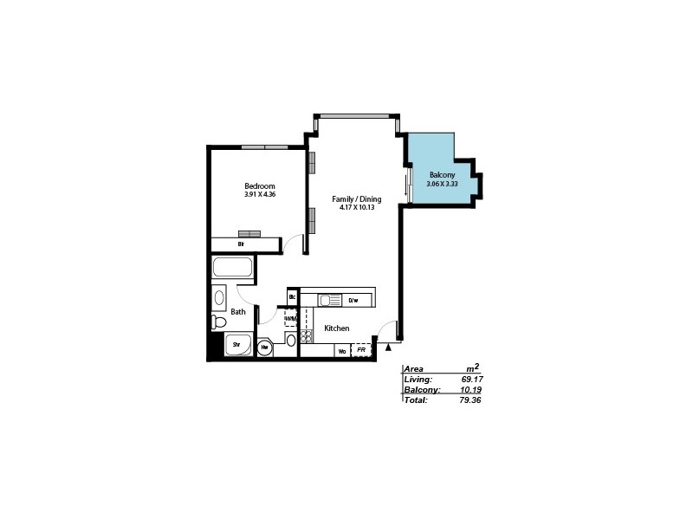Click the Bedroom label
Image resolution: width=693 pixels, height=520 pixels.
click(x=260, y=186)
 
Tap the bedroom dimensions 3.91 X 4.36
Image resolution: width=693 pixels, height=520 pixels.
click(x=260, y=195)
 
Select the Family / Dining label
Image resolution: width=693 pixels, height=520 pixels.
click(x=357, y=199)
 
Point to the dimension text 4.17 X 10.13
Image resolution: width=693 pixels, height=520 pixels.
click(x=357, y=208)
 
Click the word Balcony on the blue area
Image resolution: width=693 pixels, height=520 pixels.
click(x=442, y=175)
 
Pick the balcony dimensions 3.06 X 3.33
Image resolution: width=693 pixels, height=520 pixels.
click(x=442, y=184)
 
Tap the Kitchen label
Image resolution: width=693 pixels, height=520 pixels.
click(x=337, y=328)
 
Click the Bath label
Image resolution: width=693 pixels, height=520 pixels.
click(x=238, y=311)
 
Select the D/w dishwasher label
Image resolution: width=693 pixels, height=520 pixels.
click(x=353, y=301)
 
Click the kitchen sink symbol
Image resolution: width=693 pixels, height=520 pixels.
click(x=329, y=301)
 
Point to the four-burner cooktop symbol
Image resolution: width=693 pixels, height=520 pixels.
click(x=306, y=336)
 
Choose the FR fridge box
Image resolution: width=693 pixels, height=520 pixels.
click(x=361, y=351)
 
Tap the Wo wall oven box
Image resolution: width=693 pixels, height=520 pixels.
click(x=343, y=351)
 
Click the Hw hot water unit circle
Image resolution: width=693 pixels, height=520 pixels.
click(x=265, y=347)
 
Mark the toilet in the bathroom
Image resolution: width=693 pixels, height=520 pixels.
click(x=219, y=322)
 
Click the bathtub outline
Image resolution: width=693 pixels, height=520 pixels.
click(x=232, y=270)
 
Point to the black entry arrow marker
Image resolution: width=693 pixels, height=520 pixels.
click(x=389, y=348)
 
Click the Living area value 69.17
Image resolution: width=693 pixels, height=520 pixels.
click(x=471, y=380)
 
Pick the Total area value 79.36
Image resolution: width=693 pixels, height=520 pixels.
click(x=471, y=400)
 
